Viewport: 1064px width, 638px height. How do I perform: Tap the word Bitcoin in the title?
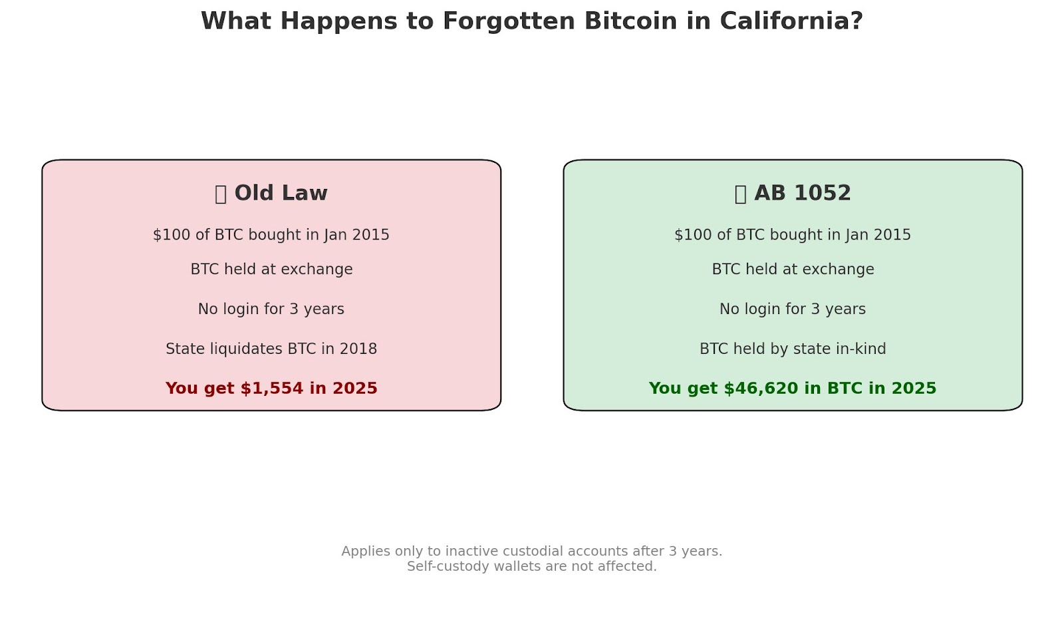point(631,21)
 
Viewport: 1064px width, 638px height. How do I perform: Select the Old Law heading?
point(281,194)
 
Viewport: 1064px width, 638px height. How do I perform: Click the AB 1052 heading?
point(803,194)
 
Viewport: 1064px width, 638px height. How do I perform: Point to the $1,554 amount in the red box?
point(272,389)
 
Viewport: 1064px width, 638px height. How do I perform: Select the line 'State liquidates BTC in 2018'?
point(271,349)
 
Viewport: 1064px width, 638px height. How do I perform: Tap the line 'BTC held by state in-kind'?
point(793,349)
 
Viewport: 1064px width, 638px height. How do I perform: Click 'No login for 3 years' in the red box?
point(271,309)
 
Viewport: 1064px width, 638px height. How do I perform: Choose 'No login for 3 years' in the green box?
point(793,309)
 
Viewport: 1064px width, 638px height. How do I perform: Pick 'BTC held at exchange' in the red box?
point(272,269)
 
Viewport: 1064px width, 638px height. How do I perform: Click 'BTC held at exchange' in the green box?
point(793,269)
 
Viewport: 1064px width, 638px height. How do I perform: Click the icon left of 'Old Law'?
point(220,194)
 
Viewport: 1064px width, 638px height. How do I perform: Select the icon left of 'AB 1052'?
point(741,194)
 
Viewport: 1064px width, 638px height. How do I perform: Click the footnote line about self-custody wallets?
point(532,566)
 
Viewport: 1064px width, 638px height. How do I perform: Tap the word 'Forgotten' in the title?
point(509,21)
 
